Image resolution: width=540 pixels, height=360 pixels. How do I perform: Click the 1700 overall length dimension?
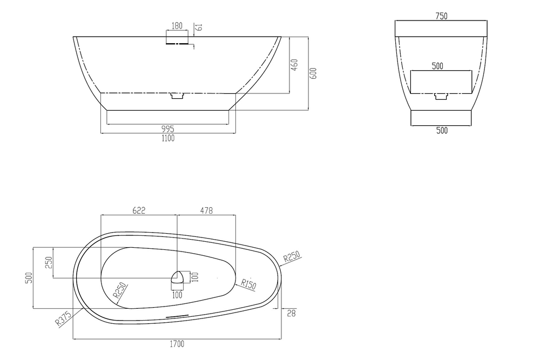pyautogui.click(x=177, y=344)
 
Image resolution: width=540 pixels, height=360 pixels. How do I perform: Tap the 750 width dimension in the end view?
pyautogui.click(x=441, y=16)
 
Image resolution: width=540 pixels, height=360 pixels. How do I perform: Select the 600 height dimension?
pyautogui.click(x=313, y=73)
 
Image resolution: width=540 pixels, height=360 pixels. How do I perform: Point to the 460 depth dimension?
pyautogui.click(x=294, y=65)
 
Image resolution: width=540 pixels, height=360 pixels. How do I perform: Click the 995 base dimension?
pyautogui.click(x=168, y=129)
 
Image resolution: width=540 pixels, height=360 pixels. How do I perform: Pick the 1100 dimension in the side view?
pyautogui.click(x=168, y=138)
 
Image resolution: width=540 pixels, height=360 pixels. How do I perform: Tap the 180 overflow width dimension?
pyautogui.click(x=177, y=26)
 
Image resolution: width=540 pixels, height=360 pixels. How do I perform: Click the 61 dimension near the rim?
pyautogui.click(x=199, y=27)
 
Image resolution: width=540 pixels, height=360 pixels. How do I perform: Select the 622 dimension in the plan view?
pyautogui.click(x=139, y=210)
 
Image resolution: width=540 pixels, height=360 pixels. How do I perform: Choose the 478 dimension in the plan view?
pyautogui.click(x=206, y=210)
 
